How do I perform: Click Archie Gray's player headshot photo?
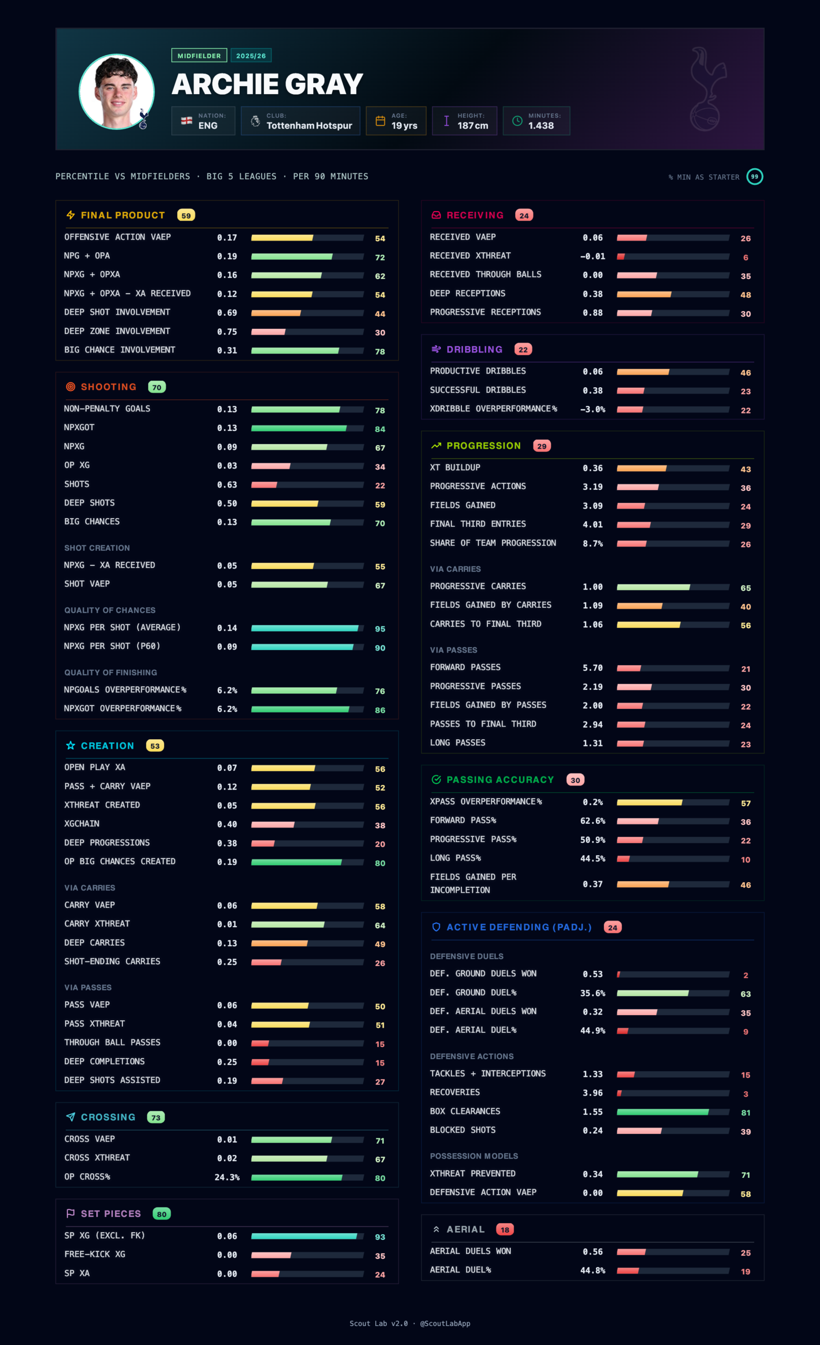click(x=116, y=91)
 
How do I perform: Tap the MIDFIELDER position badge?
click(x=199, y=56)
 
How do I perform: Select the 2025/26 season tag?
click(x=251, y=56)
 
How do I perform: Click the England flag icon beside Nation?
click(x=187, y=121)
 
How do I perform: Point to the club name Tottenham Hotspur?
click(x=309, y=126)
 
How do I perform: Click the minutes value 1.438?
click(x=540, y=126)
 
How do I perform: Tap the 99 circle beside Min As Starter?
click(x=754, y=177)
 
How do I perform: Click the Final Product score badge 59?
click(x=186, y=215)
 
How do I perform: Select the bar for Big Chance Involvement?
click(x=307, y=350)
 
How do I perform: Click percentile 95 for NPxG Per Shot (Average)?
click(x=380, y=629)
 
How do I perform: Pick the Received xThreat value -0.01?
click(x=592, y=256)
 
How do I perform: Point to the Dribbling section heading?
click(x=474, y=349)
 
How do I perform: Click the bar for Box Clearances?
click(x=673, y=1112)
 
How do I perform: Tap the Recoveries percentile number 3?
click(x=746, y=1094)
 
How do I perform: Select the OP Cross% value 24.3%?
click(x=227, y=1177)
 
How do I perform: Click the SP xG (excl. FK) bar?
click(x=307, y=1236)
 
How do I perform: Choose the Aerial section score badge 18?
click(x=505, y=1229)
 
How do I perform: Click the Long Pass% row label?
click(x=455, y=858)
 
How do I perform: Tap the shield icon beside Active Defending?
click(x=436, y=927)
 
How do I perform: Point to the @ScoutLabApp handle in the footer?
click(x=445, y=1323)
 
